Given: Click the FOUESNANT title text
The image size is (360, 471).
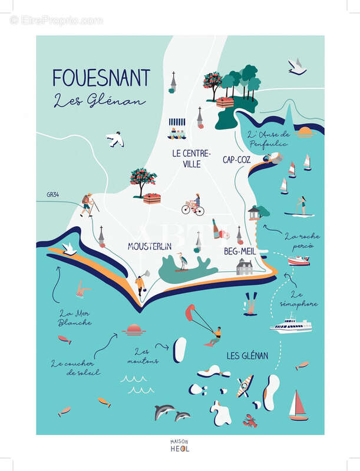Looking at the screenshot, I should pyautogui.click(x=101, y=78).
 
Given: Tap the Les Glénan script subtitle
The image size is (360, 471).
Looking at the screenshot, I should pyautogui.click(x=99, y=101).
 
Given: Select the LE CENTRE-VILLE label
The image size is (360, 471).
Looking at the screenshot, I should pyautogui.click(x=191, y=158).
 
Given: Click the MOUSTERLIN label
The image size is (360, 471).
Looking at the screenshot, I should pyautogui.click(x=150, y=247).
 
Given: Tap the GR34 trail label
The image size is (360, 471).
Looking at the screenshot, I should pyautogui.click(x=54, y=194).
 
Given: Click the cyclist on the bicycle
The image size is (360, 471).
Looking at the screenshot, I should pyautogui.click(x=193, y=205).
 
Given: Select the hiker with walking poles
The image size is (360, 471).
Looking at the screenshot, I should pyautogui.click(x=88, y=204).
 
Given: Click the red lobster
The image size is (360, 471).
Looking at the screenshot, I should pyautogui.click(x=250, y=420).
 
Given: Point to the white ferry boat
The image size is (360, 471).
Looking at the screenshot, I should pyautogui.click(x=290, y=324).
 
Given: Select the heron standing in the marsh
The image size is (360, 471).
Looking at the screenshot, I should pyautogui.click(x=183, y=261).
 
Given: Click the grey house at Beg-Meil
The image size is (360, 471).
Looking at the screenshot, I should pyautogui.click(x=245, y=267).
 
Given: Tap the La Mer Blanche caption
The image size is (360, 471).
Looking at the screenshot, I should pyautogui.click(x=75, y=318).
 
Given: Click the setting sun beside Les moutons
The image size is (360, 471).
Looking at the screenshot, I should pyautogui.click(x=134, y=330).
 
